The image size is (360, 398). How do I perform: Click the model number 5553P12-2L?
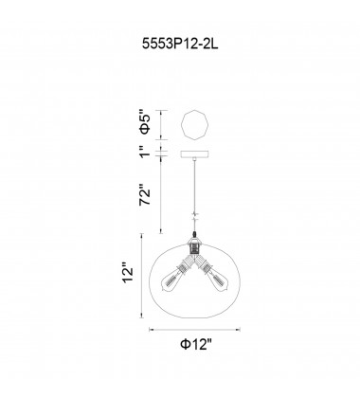click(179, 43)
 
